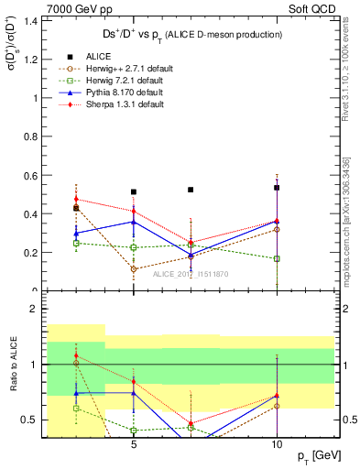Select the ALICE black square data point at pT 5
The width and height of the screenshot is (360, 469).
134,192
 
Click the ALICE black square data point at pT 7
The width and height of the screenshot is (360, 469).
191,190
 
